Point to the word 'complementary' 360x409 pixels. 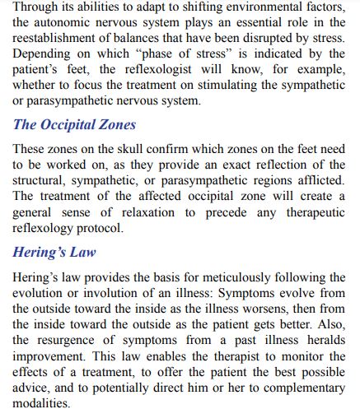(x=298, y=390)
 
